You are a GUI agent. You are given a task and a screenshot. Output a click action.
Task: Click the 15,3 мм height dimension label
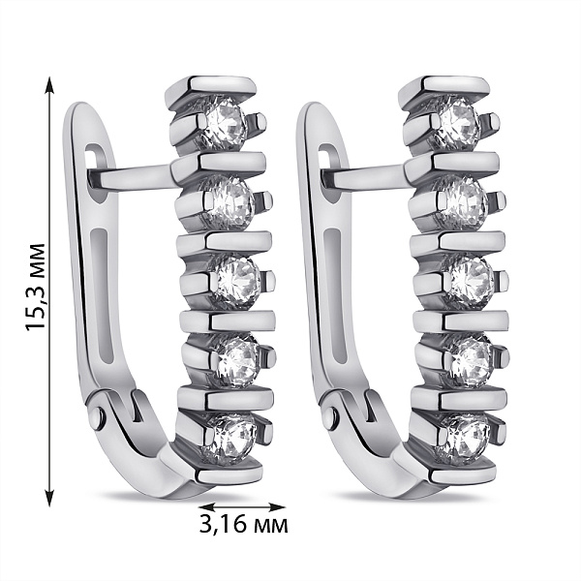point(36,286)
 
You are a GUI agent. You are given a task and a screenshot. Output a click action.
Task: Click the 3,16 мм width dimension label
point(243,524)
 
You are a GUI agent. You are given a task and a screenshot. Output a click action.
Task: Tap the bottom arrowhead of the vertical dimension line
point(49,498)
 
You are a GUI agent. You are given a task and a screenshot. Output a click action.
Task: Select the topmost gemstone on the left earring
point(225,123)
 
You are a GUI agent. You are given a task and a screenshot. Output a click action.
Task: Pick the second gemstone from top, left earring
point(231,202)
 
